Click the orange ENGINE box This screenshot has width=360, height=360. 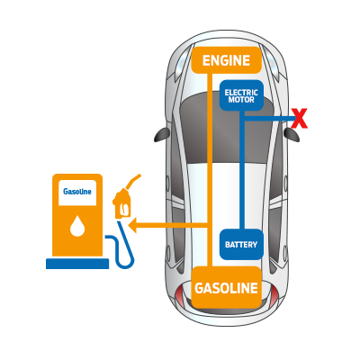tap(226, 60)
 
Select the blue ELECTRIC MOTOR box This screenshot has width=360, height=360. tap(241, 95)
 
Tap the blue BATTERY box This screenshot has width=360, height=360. tap(241, 245)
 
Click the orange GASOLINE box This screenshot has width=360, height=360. tap(226, 289)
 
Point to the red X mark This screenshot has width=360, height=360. tap(299, 118)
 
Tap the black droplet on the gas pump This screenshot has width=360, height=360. tap(77, 226)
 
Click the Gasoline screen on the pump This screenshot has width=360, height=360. tap(77, 192)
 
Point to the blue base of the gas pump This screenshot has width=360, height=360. tap(77, 264)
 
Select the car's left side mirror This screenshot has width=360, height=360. tap(161, 134)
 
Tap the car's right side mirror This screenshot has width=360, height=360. tap(291, 134)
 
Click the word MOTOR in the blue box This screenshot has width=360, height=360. tap(241, 100)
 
